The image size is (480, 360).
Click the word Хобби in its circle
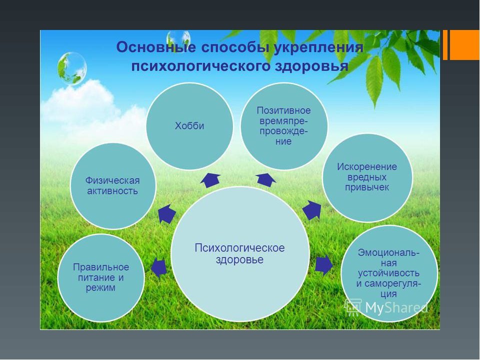pos(189,126)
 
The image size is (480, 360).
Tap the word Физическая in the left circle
pos(112,180)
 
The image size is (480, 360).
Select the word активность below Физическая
pos(112,191)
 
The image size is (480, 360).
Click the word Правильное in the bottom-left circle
pos(100,267)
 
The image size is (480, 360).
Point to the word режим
pos(100,288)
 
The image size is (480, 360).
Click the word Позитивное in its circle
pos(284,110)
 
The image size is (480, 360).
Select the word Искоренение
pos(367,166)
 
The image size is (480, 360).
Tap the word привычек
pos(367,187)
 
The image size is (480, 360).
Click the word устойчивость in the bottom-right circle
pos(389,273)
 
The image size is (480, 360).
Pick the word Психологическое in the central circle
pos(239,247)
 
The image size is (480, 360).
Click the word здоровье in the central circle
pos(239,259)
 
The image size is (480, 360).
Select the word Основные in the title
pos(156,47)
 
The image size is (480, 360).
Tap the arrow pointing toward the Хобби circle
pos(210,180)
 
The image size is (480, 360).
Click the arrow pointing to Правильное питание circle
pos(159,267)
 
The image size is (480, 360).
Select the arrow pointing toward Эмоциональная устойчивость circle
pos(324,265)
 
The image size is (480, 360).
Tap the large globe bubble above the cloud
pos(72,68)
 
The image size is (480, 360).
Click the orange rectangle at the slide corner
pos(464,45)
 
